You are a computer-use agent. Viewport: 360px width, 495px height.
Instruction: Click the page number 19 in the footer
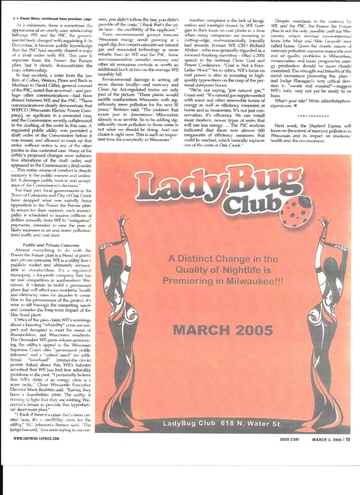click(347, 439)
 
